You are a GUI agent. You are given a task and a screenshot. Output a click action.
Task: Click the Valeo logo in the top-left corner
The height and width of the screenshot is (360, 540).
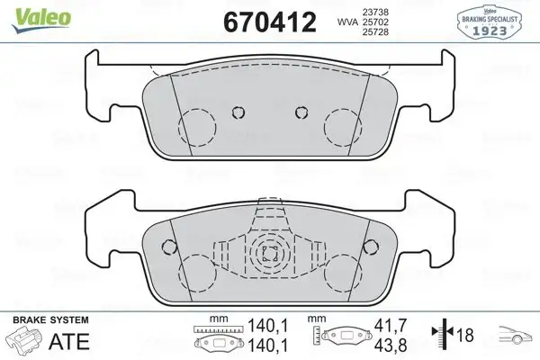click(x=28, y=11)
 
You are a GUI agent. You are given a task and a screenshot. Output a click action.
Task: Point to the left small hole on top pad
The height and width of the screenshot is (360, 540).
click(x=238, y=112)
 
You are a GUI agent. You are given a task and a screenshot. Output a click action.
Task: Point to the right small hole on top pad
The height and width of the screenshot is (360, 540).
click(x=301, y=112)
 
